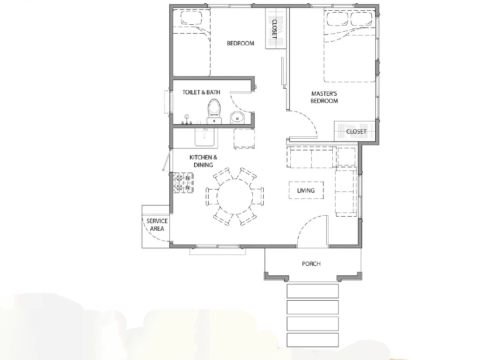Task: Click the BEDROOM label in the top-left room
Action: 240,43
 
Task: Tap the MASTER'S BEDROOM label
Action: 324,97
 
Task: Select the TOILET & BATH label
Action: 201,92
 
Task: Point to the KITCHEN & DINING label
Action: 203,161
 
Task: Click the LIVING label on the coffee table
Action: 306,191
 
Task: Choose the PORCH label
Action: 311,264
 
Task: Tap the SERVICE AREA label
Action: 157,225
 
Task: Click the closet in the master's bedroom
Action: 355,131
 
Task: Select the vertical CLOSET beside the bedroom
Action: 274,28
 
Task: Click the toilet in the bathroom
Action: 214,111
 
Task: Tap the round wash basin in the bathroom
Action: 237,117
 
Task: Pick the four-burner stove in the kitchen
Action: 183,183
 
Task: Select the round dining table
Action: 235,196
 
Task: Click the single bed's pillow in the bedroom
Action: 191,19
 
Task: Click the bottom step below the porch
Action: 313,340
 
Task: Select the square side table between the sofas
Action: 346,156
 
